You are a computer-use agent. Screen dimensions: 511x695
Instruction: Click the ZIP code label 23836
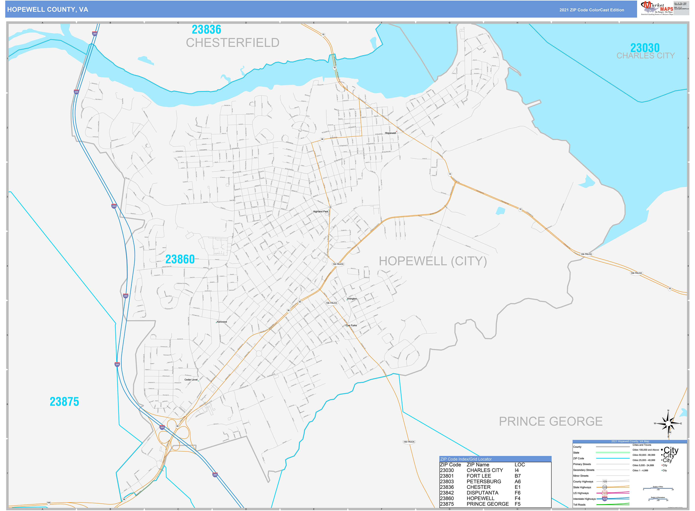click(206, 30)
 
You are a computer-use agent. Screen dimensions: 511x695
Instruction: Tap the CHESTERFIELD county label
click(232, 43)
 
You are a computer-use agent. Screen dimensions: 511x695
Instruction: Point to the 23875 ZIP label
click(64, 402)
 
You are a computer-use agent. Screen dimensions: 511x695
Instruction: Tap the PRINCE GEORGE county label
click(551, 421)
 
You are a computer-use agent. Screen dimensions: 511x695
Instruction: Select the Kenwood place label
click(222, 322)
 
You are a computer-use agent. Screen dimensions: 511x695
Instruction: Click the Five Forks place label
click(351, 325)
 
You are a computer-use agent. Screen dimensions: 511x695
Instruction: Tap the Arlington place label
click(352, 299)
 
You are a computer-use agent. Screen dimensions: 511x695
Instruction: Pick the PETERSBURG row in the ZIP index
click(484, 482)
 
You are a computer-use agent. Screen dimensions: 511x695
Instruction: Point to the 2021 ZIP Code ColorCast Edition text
click(592, 10)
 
